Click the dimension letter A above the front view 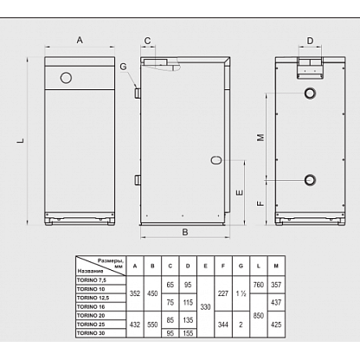[80, 40]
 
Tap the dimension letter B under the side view [185, 232]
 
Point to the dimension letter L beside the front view [21, 141]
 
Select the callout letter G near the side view [123, 67]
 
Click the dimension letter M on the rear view [260, 137]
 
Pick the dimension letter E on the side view [240, 193]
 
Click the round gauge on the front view [66, 78]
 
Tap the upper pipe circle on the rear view [310, 93]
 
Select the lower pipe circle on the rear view [310, 180]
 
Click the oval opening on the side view [216, 160]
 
